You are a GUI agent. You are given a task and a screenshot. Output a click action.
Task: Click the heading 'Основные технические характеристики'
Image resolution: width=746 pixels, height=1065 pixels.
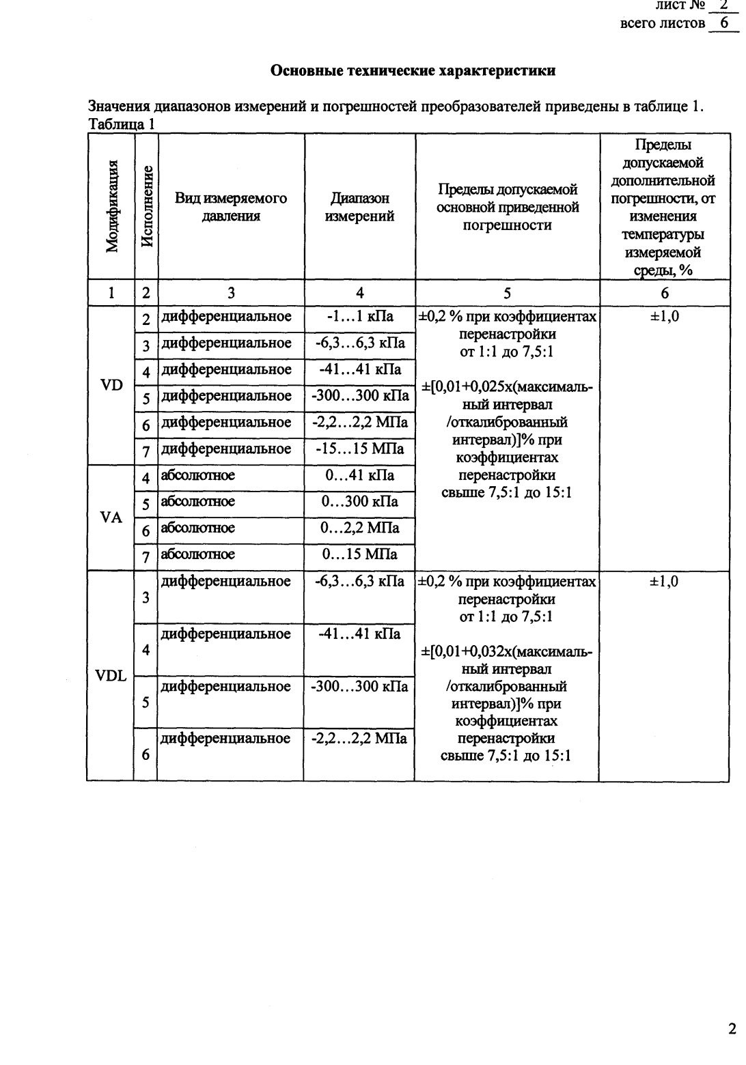[x=413, y=70]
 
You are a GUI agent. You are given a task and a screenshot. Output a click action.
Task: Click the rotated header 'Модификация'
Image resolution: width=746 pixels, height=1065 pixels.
[x=111, y=206]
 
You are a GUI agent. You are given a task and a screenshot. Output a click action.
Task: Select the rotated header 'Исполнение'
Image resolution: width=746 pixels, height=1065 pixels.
[x=146, y=206]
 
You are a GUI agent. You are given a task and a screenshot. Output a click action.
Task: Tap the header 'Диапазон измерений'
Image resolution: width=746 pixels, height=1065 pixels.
[x=359, y=208]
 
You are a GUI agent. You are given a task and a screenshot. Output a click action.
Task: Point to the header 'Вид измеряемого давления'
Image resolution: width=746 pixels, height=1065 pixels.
[x=231, y=208]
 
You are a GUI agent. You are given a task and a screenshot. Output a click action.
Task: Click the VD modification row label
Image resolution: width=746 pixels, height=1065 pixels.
[x=111, y=384]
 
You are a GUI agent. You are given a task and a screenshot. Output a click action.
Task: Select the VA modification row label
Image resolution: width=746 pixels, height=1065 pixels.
[x=111, y=517]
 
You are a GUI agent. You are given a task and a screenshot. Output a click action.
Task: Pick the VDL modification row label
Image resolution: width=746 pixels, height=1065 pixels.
[x=111, y=677]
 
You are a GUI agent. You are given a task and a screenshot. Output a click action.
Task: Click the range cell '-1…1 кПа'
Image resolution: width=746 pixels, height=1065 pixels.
[x=359, y=317]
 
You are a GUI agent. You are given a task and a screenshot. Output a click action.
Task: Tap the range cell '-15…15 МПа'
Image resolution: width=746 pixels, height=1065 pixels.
[x=359, y=449]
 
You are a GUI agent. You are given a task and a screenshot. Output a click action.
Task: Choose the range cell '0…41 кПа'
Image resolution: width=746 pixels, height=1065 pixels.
[x=359, y=476]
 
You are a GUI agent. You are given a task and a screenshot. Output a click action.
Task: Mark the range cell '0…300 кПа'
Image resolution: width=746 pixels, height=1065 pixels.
[x=359, y=502]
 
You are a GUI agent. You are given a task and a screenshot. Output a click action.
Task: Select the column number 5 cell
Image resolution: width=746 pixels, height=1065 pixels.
[x=507, y=294]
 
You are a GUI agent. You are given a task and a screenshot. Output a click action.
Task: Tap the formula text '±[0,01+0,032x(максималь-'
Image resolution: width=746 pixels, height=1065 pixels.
[x=506, y=652]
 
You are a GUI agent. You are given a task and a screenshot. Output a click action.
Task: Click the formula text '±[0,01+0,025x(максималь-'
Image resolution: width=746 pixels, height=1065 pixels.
[x=506, y=388]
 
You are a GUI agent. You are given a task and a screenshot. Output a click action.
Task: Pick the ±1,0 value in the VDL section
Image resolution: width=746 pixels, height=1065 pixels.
[x=664, y=582]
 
